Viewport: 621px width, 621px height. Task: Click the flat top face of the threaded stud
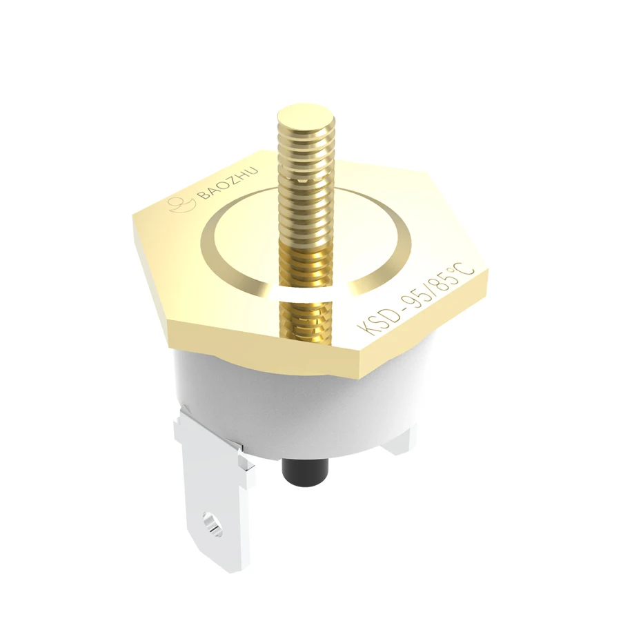pyautogui.click(x=306, y=114)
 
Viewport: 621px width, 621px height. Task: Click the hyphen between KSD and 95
pyautogui.click(x=395, y=313)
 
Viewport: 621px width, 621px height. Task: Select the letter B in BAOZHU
pyautogui.click(x=202, y=197)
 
